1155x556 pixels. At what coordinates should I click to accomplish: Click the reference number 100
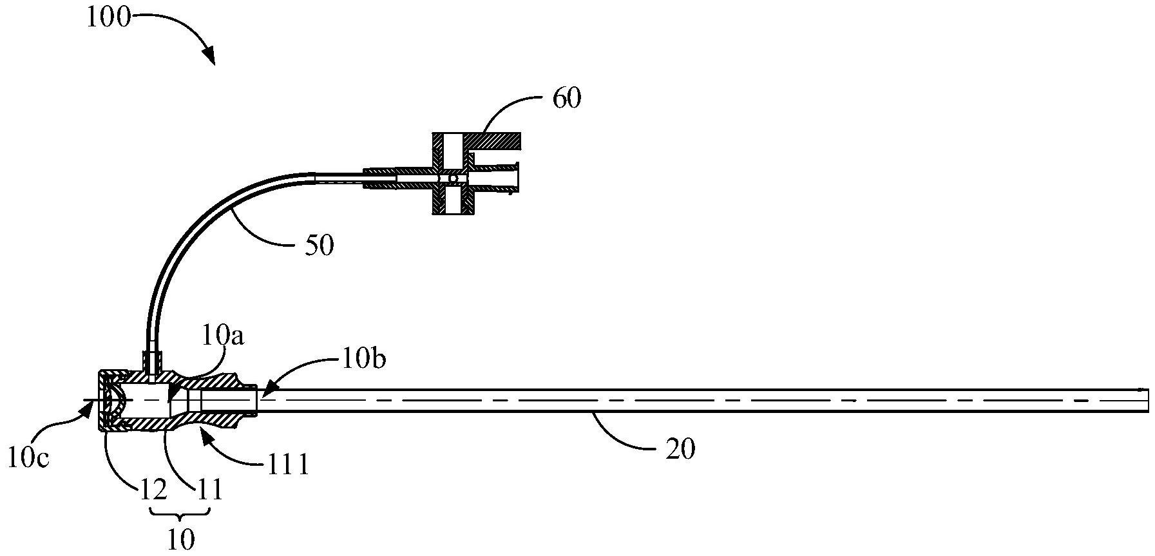tap(108, 18)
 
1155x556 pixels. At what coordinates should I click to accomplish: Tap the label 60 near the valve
tap(566, 99)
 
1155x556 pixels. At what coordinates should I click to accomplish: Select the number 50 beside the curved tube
tap(320, 245)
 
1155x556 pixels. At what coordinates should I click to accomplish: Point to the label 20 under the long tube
tap(681, 448)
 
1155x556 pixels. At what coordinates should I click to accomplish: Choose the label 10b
tap(364, 359)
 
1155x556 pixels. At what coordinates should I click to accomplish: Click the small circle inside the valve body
tap(453, 178)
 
